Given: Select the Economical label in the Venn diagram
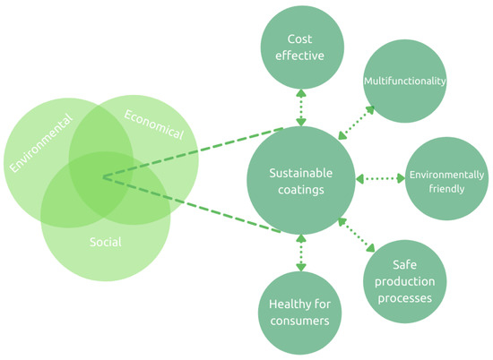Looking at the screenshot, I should pos(153,124).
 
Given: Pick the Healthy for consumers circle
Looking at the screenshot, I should pos(299,311).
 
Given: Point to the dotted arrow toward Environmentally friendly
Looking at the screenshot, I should pos(379,180).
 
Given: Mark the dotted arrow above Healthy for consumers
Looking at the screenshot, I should pos(299,253).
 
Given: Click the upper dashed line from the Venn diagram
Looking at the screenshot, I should pos(193,151).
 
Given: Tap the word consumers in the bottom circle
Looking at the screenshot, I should pos(299,320).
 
